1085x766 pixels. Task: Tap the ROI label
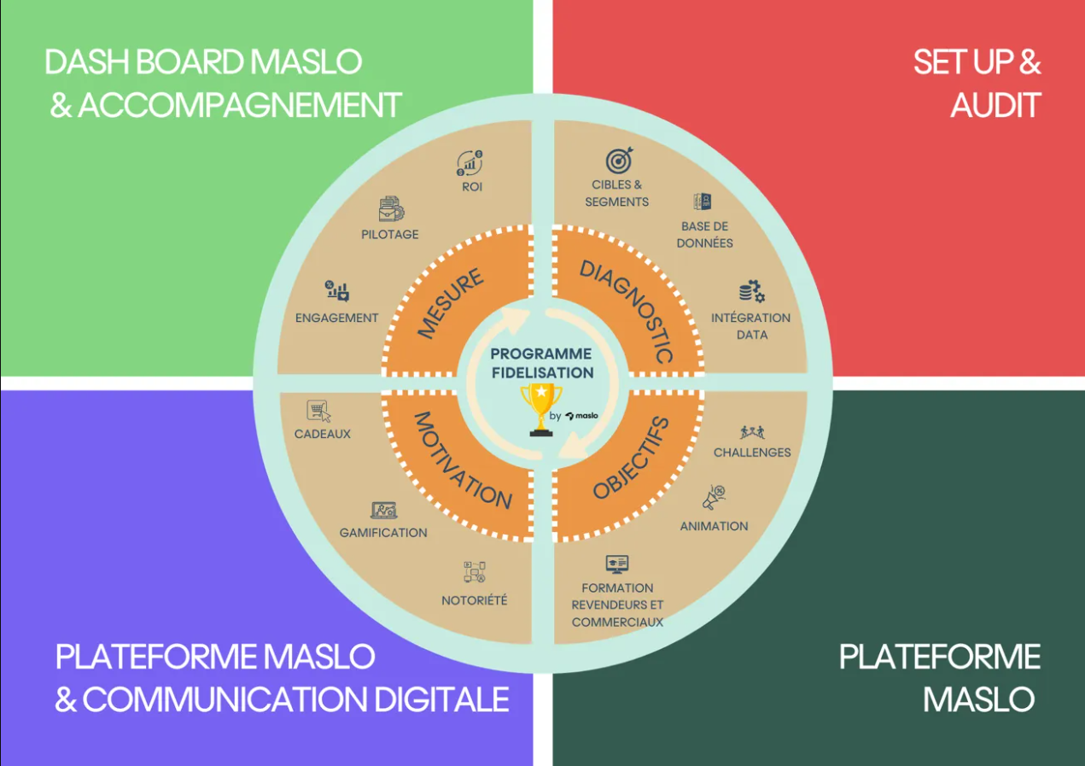(472, 186)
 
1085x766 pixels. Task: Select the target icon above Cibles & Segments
(619, 160)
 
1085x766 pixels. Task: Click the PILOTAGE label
(390, 234)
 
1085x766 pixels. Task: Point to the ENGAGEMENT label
(336, 318)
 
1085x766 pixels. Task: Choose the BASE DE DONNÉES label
(705, 234)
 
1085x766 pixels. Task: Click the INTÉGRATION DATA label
(751, 326)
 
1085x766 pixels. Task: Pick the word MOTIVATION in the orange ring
(462, 460)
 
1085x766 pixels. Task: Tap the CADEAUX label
(323, 434)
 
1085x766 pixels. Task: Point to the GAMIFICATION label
(383, 533)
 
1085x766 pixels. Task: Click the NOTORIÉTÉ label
(475, 600)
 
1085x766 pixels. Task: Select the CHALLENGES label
(752, 452)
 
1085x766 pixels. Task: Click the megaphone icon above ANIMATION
(714, 497)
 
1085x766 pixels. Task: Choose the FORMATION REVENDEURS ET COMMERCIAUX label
(617, 605)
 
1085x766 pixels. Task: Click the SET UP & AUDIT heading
(977, 84)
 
